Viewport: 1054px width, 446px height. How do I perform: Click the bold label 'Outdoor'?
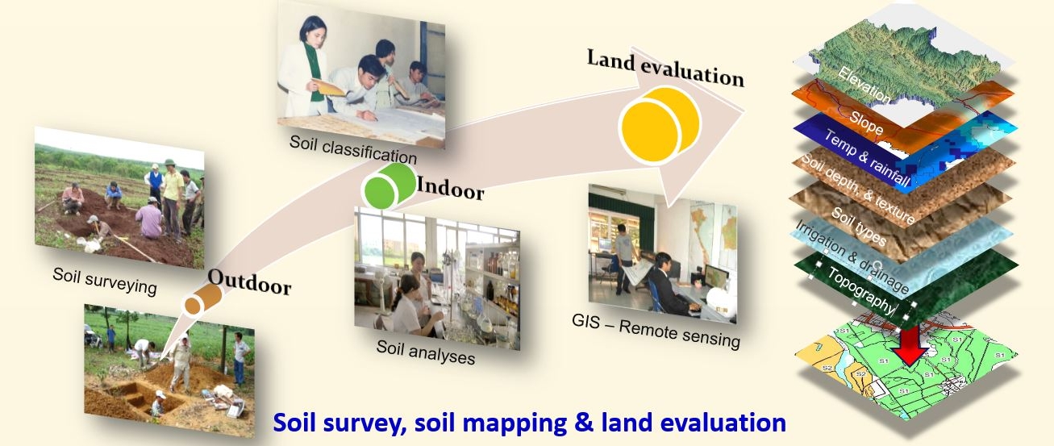249,281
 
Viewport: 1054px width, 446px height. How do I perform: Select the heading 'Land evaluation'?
665,69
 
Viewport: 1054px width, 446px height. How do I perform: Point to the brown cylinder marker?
202,300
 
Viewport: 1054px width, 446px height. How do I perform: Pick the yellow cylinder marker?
660,125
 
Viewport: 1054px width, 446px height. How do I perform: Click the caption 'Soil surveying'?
105,281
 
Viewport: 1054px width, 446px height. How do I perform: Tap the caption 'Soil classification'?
353,149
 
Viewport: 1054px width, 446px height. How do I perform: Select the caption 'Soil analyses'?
425,352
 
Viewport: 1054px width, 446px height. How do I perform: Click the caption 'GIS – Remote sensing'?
656,331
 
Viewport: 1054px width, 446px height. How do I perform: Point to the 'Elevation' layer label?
864,85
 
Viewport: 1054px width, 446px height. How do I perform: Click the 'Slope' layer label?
866,123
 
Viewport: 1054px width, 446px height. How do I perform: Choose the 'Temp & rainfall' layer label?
867,158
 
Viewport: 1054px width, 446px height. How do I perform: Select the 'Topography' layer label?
860,290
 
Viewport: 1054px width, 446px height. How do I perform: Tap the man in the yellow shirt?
172,198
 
